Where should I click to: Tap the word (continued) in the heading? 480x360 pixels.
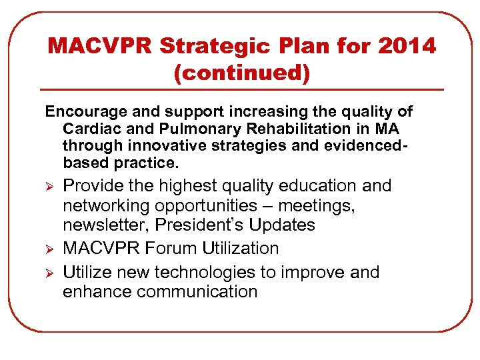[242, 73]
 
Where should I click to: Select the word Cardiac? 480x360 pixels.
[87, 129]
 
